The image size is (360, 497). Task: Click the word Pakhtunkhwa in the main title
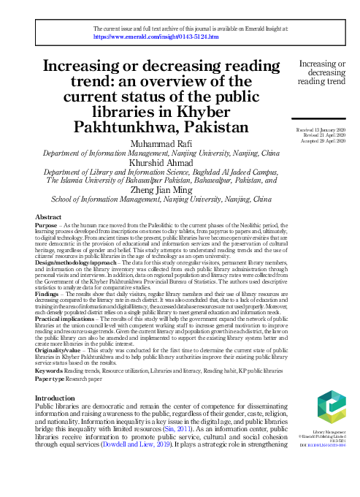115,127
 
